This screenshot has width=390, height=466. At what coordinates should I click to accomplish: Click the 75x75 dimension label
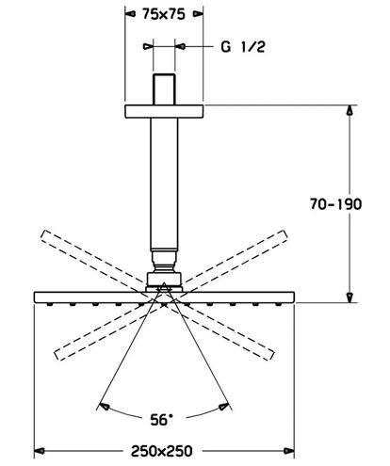164,14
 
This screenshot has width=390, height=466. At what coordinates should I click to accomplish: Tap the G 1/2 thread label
243,47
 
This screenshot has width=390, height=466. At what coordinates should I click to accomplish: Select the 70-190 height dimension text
335,204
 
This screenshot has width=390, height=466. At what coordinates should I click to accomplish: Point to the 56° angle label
161,420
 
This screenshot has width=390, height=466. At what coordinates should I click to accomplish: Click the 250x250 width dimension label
161,451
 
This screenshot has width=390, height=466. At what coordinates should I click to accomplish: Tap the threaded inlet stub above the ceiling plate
164,89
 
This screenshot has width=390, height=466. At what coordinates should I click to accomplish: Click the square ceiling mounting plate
164,111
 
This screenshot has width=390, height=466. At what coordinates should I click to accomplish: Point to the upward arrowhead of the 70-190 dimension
349,110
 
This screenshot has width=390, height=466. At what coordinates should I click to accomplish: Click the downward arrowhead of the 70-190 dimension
349,297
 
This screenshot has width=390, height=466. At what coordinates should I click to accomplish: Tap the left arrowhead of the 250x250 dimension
39,451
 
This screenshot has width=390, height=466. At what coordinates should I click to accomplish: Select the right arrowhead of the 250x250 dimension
289,451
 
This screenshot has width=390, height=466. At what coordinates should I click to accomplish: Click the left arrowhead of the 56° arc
104,407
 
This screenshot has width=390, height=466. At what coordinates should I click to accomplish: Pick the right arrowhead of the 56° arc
224,407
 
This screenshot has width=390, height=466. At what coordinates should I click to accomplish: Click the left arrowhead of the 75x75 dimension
130,14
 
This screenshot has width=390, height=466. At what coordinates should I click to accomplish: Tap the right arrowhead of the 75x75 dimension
198,14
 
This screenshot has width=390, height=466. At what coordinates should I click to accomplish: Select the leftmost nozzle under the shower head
49,304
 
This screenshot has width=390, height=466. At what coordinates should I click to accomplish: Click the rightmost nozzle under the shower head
278,304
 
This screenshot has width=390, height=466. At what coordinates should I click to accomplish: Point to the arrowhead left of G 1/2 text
148,46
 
